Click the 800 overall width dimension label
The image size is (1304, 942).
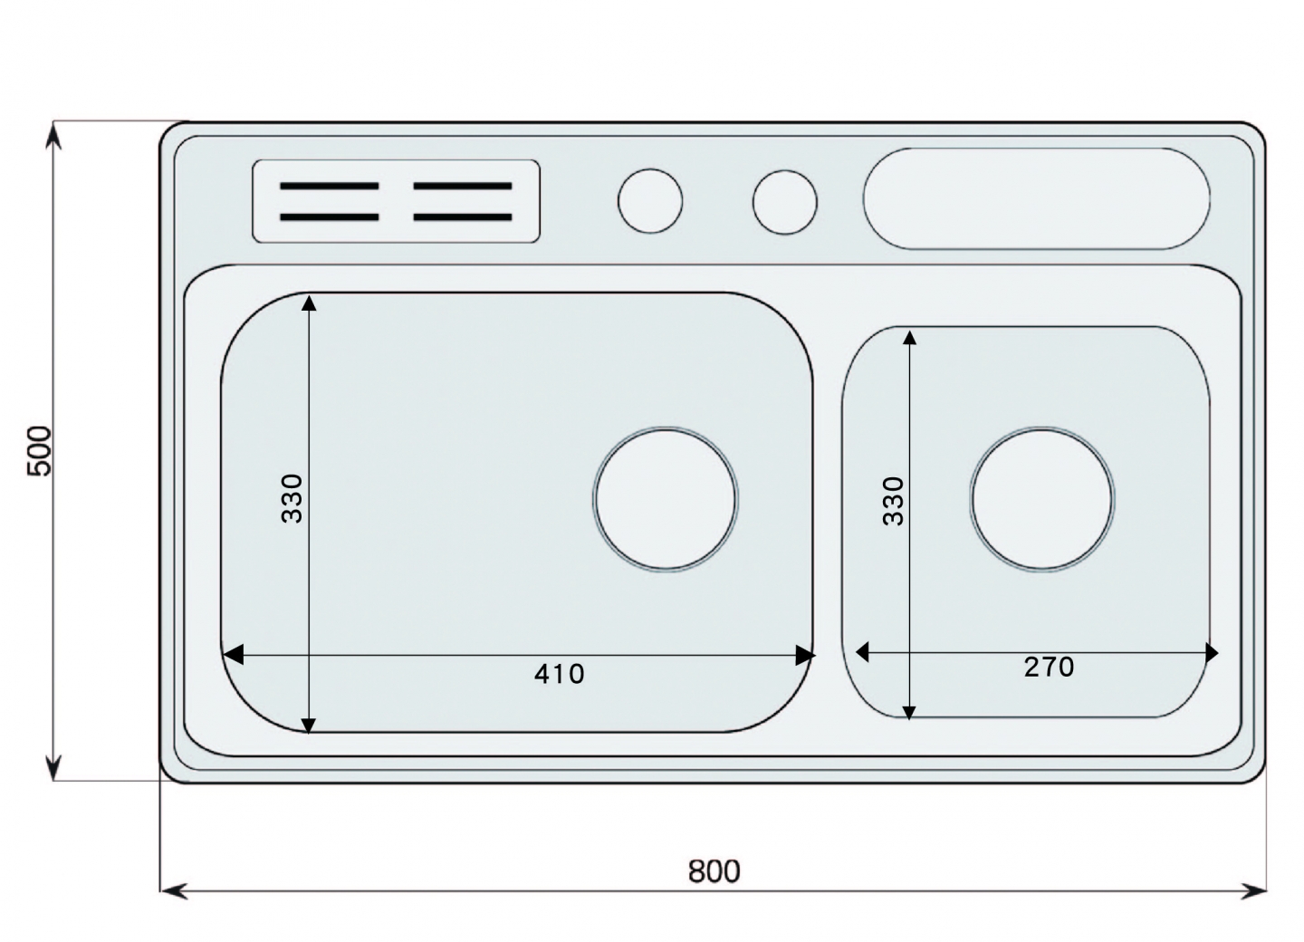click(714, 871)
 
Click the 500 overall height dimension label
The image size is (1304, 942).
click(40, 451)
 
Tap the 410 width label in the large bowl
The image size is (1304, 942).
click(559, 674)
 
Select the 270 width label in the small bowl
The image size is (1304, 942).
click(1049, 668)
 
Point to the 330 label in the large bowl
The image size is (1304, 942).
click(292, 498)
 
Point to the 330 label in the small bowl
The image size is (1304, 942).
click(893, 501)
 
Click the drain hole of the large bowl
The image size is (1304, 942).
click(666, 499)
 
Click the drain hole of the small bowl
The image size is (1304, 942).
click(1042, 499)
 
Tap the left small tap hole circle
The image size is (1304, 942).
click(650, 201)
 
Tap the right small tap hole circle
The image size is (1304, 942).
click(785, 202)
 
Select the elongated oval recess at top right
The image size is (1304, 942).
click(1036, 198)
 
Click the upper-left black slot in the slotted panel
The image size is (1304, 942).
click(330, 187)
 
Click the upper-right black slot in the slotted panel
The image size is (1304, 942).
click(463, 187)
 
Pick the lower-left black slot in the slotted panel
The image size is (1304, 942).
click(330, 217)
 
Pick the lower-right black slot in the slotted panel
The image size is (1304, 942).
click(463, 217)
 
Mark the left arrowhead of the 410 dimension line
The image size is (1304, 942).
click(232, 655)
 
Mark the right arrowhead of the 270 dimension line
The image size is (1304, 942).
click(1212, 653)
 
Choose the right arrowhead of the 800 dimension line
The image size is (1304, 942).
click(1252, 890)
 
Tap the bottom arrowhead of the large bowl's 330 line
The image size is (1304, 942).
click(309, 726)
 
